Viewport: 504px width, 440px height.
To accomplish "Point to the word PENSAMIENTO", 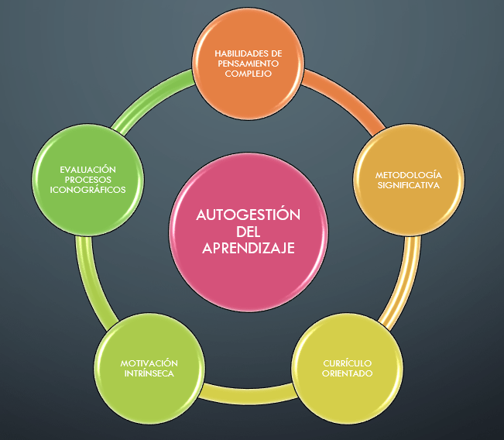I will click(x=248, y=63).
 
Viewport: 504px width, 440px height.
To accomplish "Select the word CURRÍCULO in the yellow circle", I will click(x=346, y=363).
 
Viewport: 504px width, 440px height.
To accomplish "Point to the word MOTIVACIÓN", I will click(x=149, y=363).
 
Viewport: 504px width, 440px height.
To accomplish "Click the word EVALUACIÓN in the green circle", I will click(x=87, y=169).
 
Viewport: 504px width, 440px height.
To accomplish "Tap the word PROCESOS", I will click(x=87, y=179).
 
